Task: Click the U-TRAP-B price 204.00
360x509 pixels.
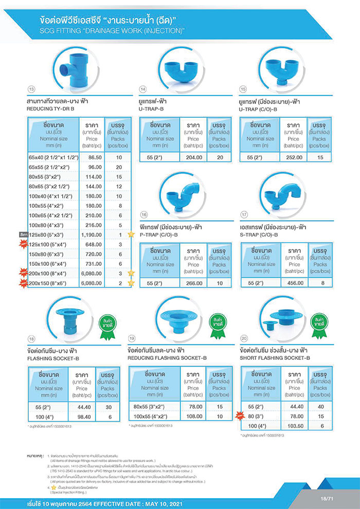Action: [193, 157]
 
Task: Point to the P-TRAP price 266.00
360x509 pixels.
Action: [193, 283]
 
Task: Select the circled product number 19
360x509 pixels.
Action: [132, 338]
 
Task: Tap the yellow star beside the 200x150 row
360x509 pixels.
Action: [131, 283]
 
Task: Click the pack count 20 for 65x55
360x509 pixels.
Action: [119, 167]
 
